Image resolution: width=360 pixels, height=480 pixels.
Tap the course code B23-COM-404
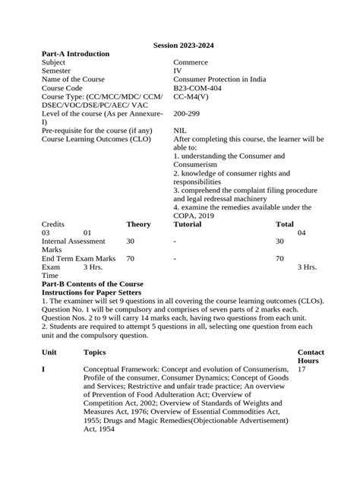pyautogui.click(x=200, y=88)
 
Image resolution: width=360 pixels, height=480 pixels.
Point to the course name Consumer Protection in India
pyautogui.click(x=223, y=79)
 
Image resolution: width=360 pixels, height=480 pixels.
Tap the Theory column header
pyautogui.click(x=138, y=224)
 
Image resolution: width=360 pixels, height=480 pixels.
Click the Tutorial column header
pyautogui.click(x=188, y=224)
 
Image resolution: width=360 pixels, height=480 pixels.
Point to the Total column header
pyautogui.click(x=284, y=224)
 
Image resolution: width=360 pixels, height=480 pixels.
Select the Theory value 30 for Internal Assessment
pyautogui.click(x=131, y=241)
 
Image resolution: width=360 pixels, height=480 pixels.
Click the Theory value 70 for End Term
pyautogui.click(x=131, y=258)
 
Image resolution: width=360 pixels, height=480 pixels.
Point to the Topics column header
pyautogui.click(x=95, y=352)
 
